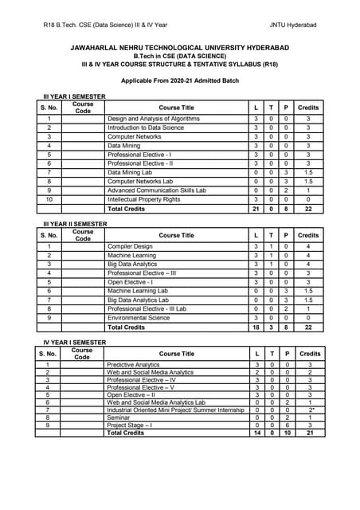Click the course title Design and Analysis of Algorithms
155,118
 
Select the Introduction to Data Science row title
146,127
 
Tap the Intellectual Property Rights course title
143,199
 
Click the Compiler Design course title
130,246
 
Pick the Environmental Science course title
139,317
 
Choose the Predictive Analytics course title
134,364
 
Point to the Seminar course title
119,417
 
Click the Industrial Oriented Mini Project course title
176,410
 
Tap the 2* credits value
311,410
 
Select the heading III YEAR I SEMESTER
74,96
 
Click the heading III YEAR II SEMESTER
75,224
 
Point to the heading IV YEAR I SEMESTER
74,342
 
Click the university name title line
179,49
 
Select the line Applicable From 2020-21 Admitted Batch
179,80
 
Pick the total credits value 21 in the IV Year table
311,433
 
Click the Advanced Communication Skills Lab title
157,190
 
